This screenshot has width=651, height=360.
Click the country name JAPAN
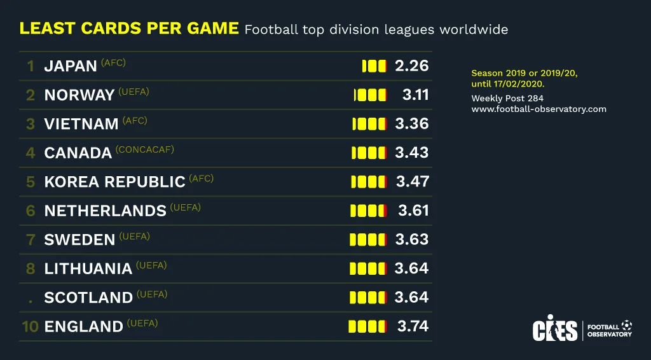[x=71, y=66]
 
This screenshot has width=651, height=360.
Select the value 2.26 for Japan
[x=412, y=66]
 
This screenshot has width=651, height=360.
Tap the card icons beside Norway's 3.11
[x=370, y=95]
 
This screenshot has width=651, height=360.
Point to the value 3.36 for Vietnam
[x=412, y=123]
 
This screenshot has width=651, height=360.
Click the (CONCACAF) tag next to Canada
[x=145, y=149]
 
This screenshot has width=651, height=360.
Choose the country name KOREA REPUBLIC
[x=114, y=182]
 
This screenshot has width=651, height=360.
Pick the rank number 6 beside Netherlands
[x=31, y=211]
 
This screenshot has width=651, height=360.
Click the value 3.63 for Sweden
[x=412, y=239]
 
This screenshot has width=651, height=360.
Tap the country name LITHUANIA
[x=88, y=269]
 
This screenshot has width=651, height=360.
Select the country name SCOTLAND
[x=88, y=298]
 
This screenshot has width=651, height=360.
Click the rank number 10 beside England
[x=31, y=327]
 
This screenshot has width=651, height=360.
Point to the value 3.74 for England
[x=413, y=326]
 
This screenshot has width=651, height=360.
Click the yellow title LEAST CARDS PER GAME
[x=129, y=29]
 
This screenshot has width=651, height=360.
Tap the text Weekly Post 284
[x=507, y=99]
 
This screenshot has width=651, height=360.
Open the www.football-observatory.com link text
[x=538, y=109]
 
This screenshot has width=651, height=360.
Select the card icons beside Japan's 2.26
[x=374, y=66]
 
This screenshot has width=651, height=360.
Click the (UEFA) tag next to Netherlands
[x=186, y=207]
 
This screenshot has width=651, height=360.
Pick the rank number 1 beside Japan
[x=31, y=66]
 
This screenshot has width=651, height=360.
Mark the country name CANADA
[x=78, y=153]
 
